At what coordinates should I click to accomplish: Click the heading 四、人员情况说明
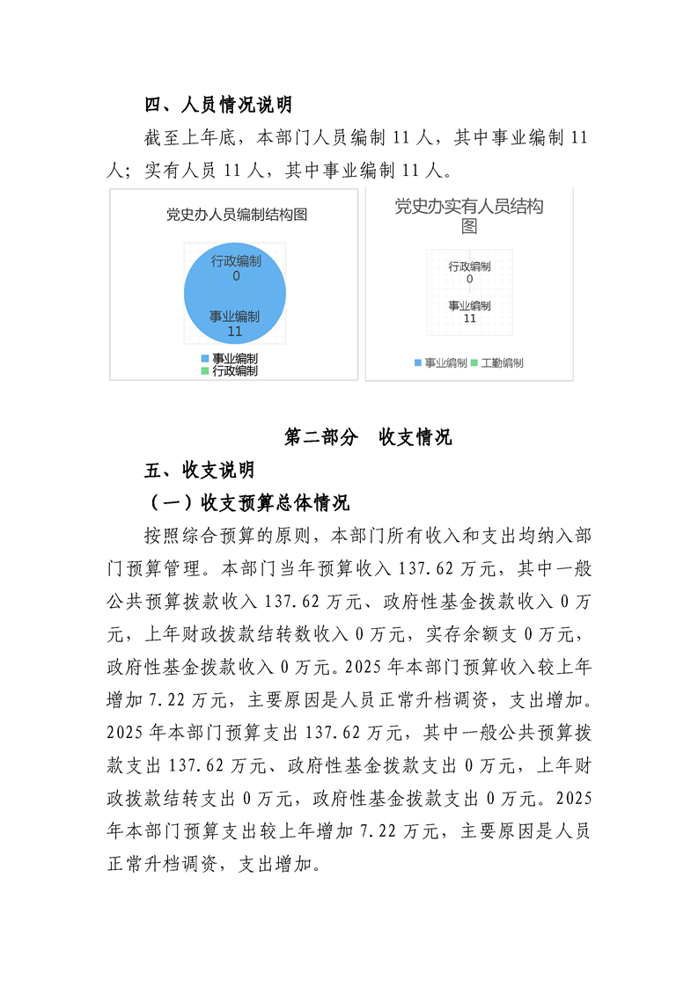pos(217,106)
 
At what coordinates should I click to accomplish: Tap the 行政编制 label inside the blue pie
pos(236,261)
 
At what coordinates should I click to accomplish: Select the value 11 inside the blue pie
pos(234,332)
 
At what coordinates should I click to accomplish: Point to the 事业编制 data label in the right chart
pos(469,305)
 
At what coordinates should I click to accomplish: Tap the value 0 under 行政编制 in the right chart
pos(469,279)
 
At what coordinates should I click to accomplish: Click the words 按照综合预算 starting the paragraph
pos(199,536)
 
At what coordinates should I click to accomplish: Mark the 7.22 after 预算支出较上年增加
pos(388,832)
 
